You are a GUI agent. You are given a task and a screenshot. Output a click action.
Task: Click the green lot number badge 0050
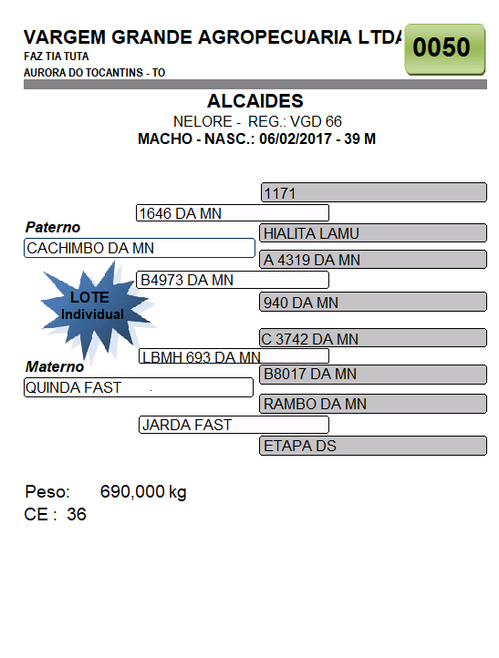pos(445,49)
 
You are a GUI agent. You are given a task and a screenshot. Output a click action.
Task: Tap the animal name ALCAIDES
pos(255,101)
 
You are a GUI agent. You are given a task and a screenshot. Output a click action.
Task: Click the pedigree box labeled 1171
pos(374,192)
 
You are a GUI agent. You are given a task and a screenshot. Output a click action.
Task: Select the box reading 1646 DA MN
pos(233,212)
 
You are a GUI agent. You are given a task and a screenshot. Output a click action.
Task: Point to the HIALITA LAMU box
pos(373,233)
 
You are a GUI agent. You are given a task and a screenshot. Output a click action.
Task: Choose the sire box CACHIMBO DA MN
pos(140,248)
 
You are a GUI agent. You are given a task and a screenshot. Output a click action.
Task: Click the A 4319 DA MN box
pos(373,260)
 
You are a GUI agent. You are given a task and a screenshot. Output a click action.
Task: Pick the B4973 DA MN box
pos(233,280)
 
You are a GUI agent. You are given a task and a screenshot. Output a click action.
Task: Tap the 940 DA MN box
pos(373,302)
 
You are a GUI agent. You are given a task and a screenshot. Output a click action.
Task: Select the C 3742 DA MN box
pos(373,338)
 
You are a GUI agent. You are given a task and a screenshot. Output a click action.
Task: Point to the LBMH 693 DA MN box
pos(234,356)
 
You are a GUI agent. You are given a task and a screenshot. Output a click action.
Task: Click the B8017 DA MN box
pos(373,374)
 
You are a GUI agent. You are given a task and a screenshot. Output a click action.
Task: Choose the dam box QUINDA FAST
pos(139,387)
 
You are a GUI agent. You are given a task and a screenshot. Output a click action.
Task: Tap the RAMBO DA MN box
pos(373,404)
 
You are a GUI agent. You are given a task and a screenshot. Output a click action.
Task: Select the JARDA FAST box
pos(234,425)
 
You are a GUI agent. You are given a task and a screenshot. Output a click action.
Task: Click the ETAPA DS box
pos(373,446)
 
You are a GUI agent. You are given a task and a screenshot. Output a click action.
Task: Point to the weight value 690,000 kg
pos(143,492)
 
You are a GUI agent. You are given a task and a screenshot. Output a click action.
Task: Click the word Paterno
pos(53,227)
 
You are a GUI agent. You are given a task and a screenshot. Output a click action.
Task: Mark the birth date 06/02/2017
pos(296,139)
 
